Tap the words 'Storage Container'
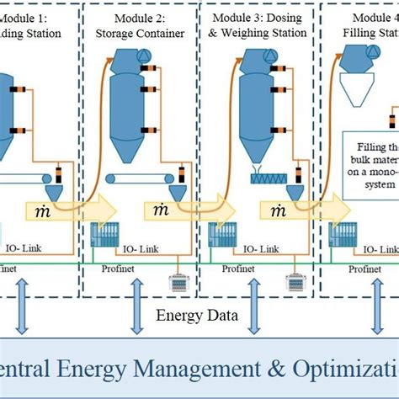[139, 34]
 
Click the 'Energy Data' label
[199, 316]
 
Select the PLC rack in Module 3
[221, 237]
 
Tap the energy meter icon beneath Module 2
[178, 281]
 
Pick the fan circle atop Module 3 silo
[269, 56]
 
